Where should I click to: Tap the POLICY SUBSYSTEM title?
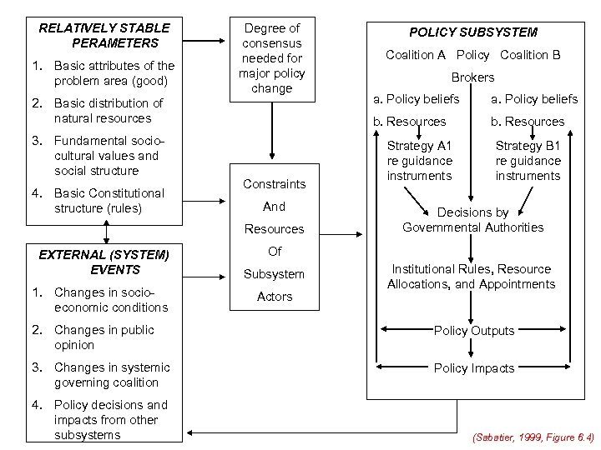(x=472, y=32)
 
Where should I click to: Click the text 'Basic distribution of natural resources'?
(x=108, y=111)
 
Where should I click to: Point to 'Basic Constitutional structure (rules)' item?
(x=109, y=200)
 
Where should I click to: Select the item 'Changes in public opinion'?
(x=104, y=337)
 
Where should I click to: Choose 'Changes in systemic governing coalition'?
(x=111, y=375)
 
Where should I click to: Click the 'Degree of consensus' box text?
(x=273, y=57)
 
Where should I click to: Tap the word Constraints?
(x=274, y=183)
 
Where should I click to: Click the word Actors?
(x=275, y=296)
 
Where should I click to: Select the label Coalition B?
(x=530, y=55)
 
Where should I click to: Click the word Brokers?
(x=472, y=77)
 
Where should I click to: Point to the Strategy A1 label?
(x=420, y=160)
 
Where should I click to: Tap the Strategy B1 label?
(x=528, y=160)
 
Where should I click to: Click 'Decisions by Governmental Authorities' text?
(x=472, y=220)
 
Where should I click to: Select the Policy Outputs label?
(x=473, y=331)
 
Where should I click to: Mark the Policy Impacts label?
(x=473, y=367)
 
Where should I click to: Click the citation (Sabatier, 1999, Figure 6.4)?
(x=533, y=436)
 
